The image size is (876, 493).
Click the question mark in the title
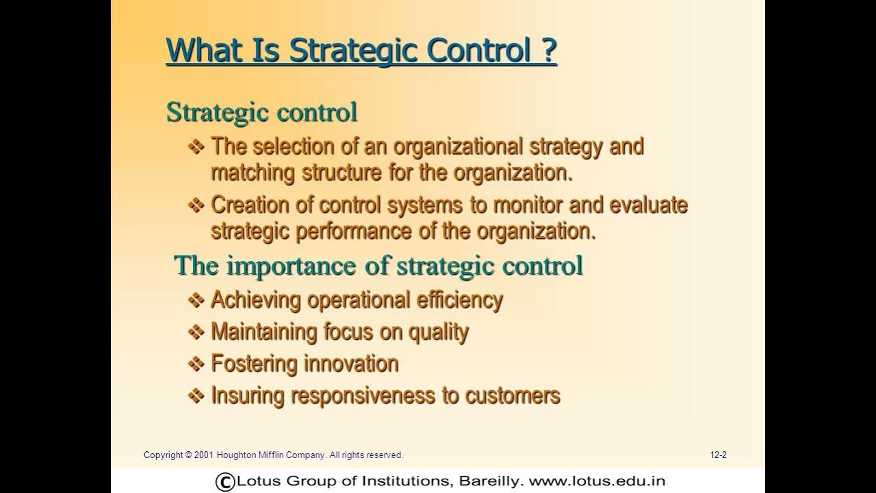(549, 50)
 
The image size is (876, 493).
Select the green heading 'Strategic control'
(261, 112)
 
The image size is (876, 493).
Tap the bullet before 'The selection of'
(196, 146)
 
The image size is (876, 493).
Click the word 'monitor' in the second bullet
(524, 205)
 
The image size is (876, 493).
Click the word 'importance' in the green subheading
(293, 265)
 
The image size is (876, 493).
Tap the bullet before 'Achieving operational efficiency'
(196, 300)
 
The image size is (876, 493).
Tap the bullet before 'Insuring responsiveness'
(196, 396)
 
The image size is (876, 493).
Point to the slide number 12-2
(718, 455)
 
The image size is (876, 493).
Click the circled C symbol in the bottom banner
(224, 481)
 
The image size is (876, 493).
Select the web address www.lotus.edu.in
(597, 481)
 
